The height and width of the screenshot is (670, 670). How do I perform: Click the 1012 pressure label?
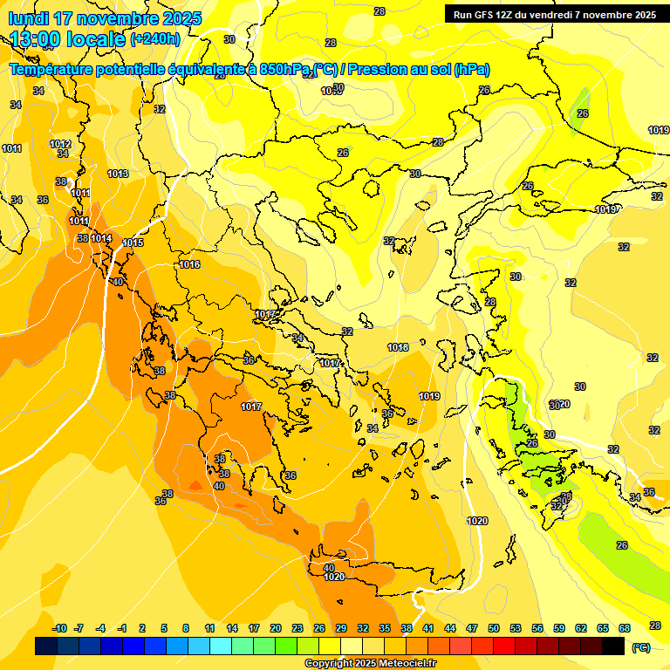[x=60, y=144]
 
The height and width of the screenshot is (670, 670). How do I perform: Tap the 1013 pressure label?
[x=118, y=174]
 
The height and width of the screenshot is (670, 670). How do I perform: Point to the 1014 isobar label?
[x=101, y=238]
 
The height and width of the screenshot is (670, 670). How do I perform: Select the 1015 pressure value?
[x=133, y=243]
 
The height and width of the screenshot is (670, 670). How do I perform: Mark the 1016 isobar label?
[x=189, y=264]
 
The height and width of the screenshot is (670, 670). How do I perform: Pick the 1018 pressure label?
[x=398, y=347]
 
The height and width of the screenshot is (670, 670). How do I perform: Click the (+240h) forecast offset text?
[x=155, y=38]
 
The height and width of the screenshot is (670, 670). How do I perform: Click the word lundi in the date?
[x=31, y=17]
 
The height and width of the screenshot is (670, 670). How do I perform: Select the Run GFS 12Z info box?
[x=554, y=14]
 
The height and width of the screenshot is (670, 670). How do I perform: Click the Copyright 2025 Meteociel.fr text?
[x=370, y=664]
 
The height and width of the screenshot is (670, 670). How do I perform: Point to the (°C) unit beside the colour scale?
[x=640, y=647]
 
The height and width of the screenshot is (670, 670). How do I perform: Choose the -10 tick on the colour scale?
[x=60, y=628]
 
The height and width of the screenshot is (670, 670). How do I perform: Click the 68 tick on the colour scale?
[x=625, y=628]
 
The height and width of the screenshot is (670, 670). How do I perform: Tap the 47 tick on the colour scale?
[x=472, y=628]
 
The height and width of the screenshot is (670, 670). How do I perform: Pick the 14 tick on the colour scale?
[x=232, y=628]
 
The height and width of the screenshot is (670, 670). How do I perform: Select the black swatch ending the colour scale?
[x=613, y=646]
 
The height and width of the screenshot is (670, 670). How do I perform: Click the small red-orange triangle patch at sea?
[x=195, y=484]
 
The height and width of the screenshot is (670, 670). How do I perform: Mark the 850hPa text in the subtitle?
[x=284, y=69]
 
